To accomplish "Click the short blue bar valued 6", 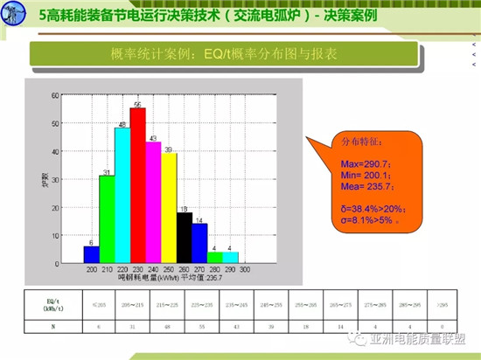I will (91, 254).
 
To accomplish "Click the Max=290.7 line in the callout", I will (364, 163).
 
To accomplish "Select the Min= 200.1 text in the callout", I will (363, 175).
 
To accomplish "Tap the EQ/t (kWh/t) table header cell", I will (53, 306).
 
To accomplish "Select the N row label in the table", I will (53, 326).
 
